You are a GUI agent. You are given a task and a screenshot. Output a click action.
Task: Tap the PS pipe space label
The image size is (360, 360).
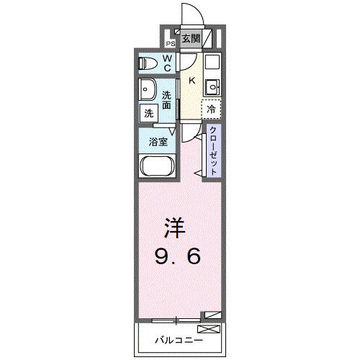pos(171,42)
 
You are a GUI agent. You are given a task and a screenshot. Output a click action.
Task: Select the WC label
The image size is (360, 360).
pos(166,63)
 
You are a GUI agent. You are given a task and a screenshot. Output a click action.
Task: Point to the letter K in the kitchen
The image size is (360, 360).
pos(192,81)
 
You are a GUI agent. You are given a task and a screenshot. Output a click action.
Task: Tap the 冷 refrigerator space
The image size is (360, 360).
pos(211,109)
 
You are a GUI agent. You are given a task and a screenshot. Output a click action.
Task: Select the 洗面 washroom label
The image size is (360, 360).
pos(167,100)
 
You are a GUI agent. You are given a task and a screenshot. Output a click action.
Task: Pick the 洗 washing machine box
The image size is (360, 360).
pos(148,113)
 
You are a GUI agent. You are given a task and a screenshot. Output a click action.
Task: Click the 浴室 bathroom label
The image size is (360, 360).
pos(158,141)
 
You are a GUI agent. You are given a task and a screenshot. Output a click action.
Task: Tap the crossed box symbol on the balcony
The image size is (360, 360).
pos(207,330)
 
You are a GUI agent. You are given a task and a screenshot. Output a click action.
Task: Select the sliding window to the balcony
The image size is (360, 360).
pos(176,317)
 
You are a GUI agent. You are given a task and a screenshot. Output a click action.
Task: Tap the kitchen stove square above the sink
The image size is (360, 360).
pos(211,63)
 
